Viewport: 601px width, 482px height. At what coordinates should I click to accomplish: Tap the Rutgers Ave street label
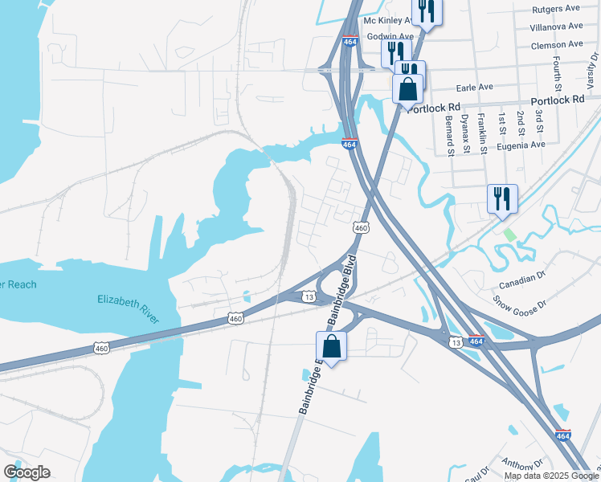point(557,10)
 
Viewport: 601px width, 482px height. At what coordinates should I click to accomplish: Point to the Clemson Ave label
point(557,44)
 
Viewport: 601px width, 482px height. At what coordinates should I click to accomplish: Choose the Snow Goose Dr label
point(518,304)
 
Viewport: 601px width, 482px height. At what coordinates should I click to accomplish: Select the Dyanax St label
point(465,133)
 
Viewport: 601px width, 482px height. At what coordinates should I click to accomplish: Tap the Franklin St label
point(482,129)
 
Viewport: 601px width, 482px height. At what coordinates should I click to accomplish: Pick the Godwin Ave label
point(390,37)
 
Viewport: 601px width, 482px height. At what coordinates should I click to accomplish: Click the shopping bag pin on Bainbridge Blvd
point(331,347)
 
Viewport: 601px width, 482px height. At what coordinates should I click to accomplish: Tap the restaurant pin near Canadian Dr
point(502,198)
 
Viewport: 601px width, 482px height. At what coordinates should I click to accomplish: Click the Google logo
point(27,472)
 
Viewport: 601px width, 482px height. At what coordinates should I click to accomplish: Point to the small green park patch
point(509,235)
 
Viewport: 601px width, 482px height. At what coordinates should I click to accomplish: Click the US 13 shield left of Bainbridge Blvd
point(309,297)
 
